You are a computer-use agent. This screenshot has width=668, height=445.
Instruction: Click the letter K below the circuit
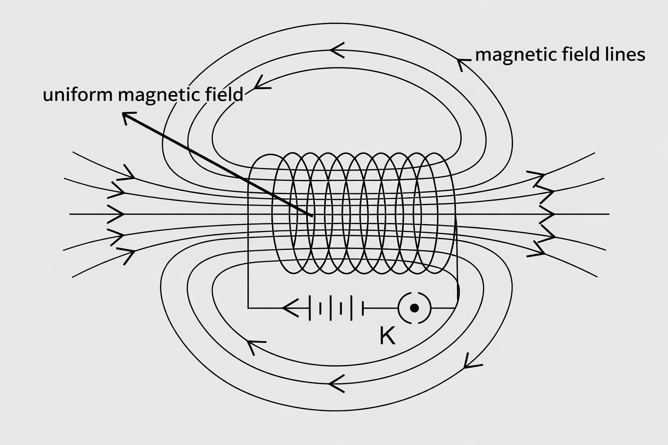point(387,335)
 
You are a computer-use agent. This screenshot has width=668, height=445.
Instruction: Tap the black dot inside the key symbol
point(414,308)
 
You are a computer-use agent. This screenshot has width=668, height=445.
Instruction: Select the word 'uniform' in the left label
point(78,94)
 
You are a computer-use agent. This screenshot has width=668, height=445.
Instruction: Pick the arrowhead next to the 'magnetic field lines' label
point(461,63)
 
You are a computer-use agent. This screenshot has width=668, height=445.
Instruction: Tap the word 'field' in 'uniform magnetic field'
point(224,94)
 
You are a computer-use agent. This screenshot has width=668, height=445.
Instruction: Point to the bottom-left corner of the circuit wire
point(248,308)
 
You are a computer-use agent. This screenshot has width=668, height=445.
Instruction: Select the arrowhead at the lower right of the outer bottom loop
point(469,362)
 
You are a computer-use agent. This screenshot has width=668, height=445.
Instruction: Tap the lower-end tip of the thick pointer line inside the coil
point(311,215)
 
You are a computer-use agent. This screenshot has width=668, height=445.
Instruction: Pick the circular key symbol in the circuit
point(414,308)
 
